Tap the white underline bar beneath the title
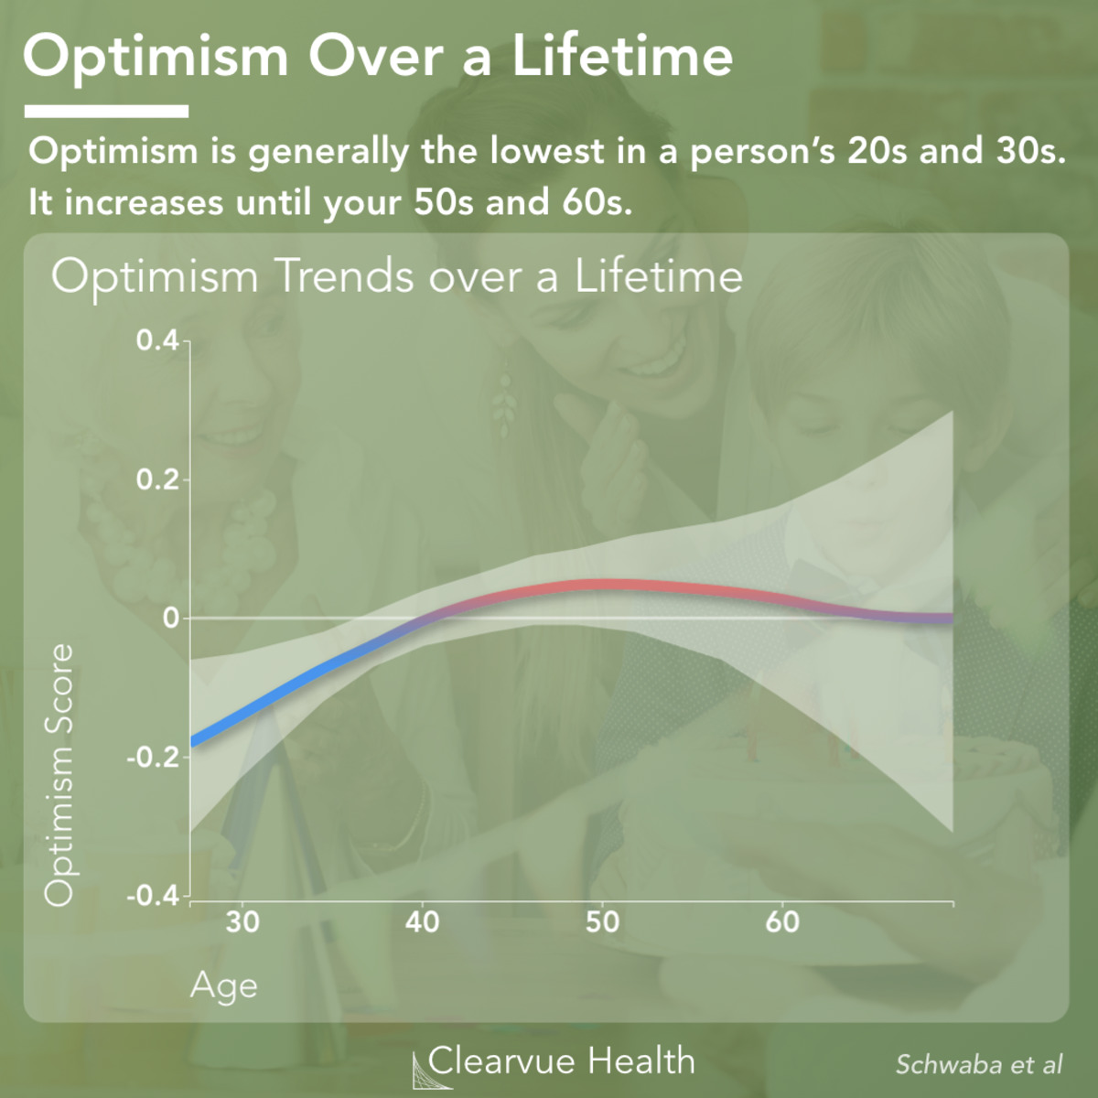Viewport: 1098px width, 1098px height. pos(106,112)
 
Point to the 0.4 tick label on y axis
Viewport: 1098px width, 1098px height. pos(157,341)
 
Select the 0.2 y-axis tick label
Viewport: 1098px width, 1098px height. pos(157,479)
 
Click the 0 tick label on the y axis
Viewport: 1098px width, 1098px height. pos(170,618)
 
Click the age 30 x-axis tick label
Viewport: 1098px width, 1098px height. pos(242,921)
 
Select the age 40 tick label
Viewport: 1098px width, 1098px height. pos(423,921)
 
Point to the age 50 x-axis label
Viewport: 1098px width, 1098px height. pos(602,921)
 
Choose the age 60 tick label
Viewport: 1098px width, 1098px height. pos(782,921)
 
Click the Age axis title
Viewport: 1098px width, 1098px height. pos(224,986)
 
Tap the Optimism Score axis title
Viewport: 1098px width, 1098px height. pos(59,774)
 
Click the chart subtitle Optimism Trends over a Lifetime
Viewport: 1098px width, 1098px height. pos(396,276)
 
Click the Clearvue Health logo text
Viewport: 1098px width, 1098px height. pos(560,1061)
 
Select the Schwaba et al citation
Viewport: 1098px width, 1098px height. pos(979,1065)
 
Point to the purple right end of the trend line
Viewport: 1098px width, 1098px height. pos(947,619)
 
